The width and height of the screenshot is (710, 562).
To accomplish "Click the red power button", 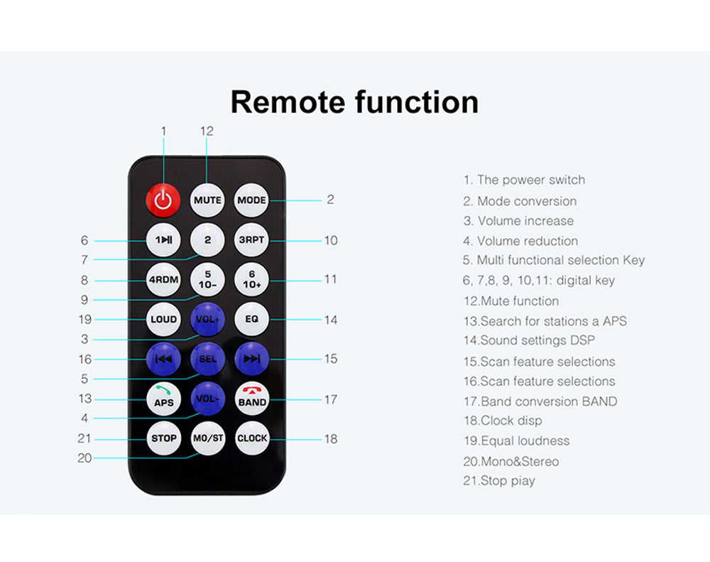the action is pos(163,200).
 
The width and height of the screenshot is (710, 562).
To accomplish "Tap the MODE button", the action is pos(251,200).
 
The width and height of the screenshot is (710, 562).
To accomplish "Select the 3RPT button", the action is pos(252,239).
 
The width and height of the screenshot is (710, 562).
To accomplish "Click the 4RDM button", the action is pos(163,280).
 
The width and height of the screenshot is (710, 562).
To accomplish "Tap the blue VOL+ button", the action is pos(207,319).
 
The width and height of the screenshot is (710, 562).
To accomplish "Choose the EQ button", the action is pos(252,319).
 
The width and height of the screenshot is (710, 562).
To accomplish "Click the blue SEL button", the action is pos(208,359).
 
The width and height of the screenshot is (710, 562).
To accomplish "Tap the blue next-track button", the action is pos(252,359).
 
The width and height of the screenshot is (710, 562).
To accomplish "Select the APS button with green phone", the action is pos(163,399).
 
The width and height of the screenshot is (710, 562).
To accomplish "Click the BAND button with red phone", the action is pos(252,399).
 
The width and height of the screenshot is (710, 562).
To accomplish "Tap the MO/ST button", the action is pos(208,438).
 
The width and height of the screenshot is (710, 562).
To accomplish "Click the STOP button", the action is pos(163,438).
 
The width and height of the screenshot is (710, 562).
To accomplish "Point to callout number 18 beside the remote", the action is pos(331,438).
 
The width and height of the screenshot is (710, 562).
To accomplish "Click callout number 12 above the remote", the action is pos(207,131).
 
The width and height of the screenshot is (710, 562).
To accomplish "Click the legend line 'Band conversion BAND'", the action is pos(540,401).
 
